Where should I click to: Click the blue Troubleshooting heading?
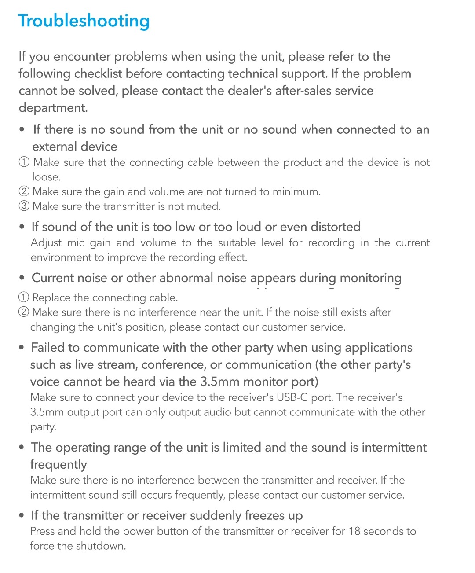click(84, 21)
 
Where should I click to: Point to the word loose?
click(46, 177)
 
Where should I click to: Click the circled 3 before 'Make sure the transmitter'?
click(24, 206)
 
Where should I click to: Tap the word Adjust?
click(46, 243)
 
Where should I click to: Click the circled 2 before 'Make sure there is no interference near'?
click(24, 312)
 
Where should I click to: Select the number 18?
click(354, 531)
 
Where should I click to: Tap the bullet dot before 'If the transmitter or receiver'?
click(22, 515)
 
